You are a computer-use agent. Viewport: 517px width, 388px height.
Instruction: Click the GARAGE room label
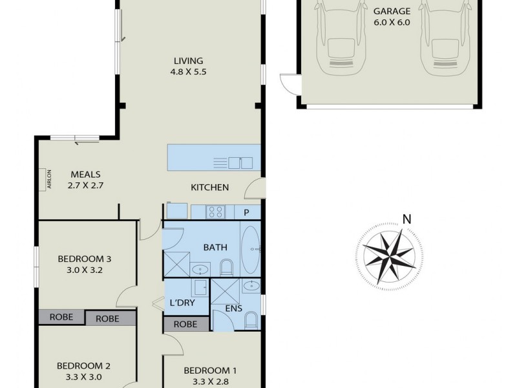(392, 10)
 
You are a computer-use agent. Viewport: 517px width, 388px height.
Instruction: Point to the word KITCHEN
(209, 188)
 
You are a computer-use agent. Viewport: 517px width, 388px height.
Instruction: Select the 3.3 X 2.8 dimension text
(210, 381)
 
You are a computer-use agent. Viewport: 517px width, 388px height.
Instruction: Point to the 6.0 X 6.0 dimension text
(392, 21)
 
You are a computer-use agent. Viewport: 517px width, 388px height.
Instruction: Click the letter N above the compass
(406, 219)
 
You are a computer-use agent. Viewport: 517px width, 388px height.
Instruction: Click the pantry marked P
(246, 212)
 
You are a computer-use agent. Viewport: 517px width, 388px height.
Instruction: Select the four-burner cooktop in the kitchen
(215, 211)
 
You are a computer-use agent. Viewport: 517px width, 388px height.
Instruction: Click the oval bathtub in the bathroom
(250, 248)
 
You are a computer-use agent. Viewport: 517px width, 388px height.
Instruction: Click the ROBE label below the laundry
(185, 325)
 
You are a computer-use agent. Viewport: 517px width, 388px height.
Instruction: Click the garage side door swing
(288, 84)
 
